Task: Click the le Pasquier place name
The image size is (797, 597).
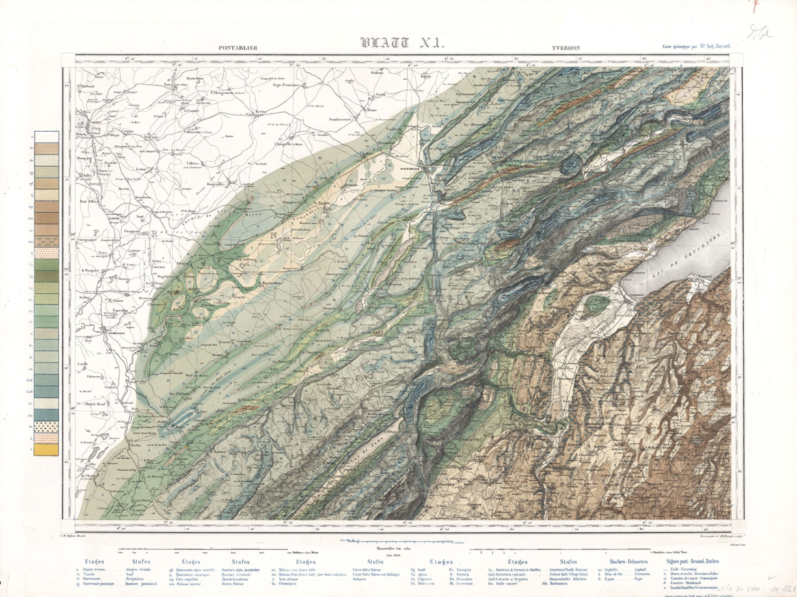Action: (90, 270)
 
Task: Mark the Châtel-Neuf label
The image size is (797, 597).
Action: (94, 404)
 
